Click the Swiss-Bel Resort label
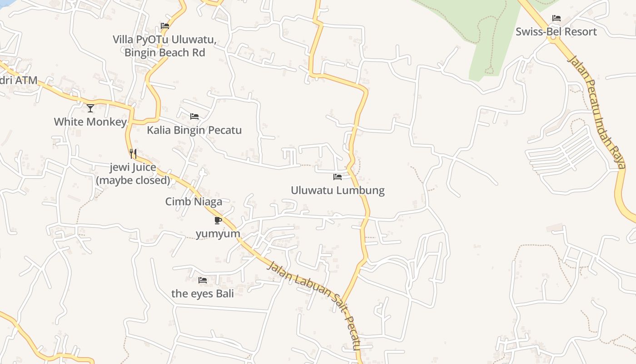556,32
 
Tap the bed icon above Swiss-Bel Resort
556,18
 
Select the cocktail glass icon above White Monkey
90,108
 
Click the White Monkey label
90,122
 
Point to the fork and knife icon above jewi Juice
133,154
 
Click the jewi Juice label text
133,167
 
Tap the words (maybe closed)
133,180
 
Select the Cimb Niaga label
194,202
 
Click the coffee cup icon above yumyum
218,221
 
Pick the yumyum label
218,234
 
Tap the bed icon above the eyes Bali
203,280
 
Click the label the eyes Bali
203,293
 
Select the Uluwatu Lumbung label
338,190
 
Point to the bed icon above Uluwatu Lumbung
338,177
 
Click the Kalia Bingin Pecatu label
194,130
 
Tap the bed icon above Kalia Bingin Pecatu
194,116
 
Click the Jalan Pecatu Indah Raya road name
597,111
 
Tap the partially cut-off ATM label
18,81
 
